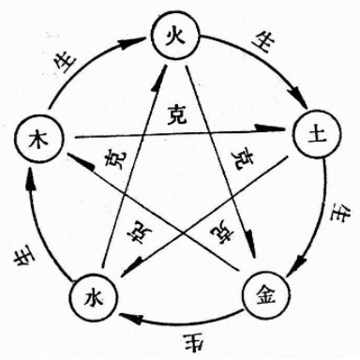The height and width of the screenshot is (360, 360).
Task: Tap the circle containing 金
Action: coord(262,295)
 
